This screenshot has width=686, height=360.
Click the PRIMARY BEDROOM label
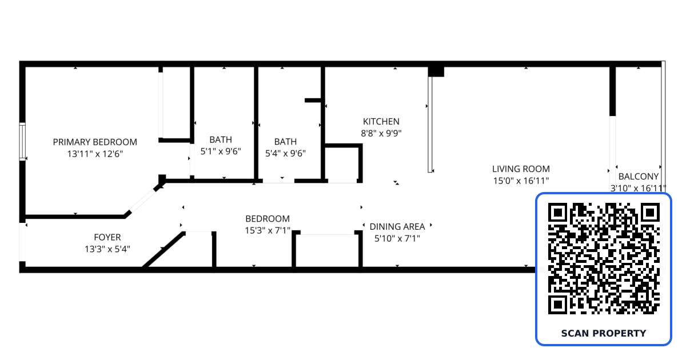pyautogui.click(x=95, y=142)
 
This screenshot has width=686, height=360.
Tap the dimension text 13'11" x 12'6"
pyautogui.click(x=95, y=154)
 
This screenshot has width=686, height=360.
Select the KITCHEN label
pyautogui.click(x=381, y=122)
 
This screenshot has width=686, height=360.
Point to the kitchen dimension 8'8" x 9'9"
pyautogui.click(x=381, y=133)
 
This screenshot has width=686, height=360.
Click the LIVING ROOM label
pyautogui.click(x=521, y=169)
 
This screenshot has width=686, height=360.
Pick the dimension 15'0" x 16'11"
pyautogui.click(x=521, y=181)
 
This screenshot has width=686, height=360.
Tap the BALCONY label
pyautogui.click(x=639, y=177)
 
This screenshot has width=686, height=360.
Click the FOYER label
pyautogui.click(x=107, y=237)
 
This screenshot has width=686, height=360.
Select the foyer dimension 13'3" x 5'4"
pyautogui.click(x=107, y=249)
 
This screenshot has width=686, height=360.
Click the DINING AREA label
pyautogui.click(x=397, y=226)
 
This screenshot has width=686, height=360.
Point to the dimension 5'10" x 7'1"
pyautogui.click(x=397, y=238)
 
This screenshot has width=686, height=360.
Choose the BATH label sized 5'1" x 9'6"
pyautogui.click(x=221, y=139)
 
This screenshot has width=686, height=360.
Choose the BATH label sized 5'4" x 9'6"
pyautogui.click(x=285, y=142)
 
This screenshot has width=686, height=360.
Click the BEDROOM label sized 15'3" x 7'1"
pyautogui.click(x=268, y=218)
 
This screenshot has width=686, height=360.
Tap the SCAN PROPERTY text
pyautogui.click(x=604, y=333)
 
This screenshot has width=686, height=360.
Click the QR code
pyautogui.click(x=604, y=258)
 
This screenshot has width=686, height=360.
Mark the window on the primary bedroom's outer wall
pyautogui.click(x=22, y=141)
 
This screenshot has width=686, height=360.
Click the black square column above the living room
pyautogui.click(x=436, y=71)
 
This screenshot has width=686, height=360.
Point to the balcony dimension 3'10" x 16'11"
pyautogui.click(x=638, y=188)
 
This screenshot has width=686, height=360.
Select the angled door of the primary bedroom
pyautogui.click(x=143, y=201)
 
